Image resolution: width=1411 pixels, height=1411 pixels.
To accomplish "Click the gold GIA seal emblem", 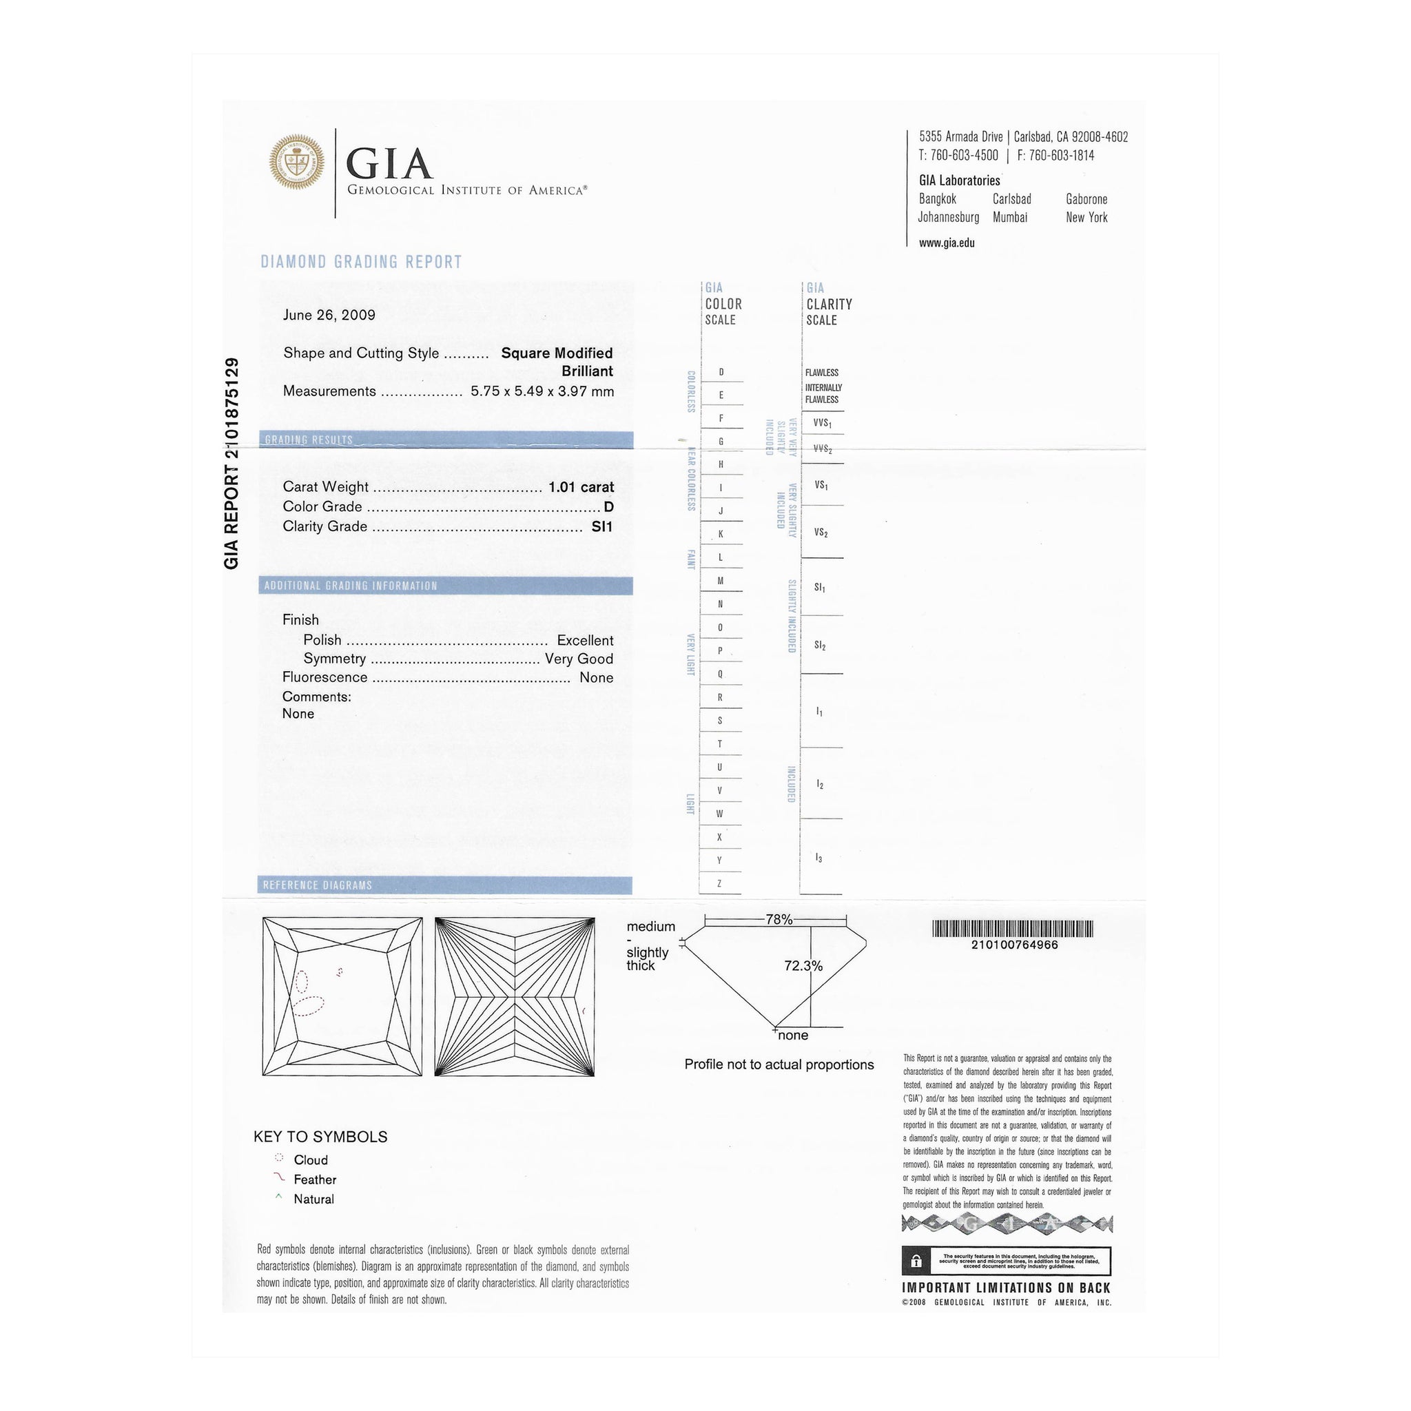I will tap(296, 162).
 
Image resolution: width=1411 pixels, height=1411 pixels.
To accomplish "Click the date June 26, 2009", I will tap(329, 315).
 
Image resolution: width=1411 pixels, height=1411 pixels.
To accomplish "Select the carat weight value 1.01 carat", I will tap(581, 487).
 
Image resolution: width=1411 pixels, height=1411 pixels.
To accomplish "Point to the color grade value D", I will tap(608, 507).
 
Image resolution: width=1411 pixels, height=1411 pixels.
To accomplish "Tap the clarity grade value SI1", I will tap(601, 526).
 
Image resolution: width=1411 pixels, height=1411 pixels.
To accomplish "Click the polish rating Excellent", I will tap(584, 641).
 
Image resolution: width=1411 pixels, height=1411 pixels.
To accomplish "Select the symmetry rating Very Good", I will tap(579, 659).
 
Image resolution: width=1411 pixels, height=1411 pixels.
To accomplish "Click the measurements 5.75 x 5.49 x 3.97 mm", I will tap(542, 391).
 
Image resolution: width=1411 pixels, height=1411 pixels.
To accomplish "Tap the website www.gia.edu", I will tap(947, 243).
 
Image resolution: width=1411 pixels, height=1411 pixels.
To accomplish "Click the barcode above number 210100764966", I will tap(1013, 929).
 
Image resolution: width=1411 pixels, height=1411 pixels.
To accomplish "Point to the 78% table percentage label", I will tap(779, 920).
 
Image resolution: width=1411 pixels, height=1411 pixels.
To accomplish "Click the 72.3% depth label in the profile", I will tap(803, 966).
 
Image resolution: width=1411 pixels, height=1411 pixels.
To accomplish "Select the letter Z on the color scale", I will tap(719, 884).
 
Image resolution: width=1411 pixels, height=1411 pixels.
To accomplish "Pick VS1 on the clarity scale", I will tap(821, 486).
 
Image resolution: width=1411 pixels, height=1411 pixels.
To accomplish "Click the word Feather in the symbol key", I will tap(315, 1180).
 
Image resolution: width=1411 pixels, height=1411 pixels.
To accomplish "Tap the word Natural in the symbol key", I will tap(313, 1199).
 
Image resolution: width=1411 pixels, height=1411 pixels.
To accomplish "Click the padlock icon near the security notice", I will tap(916, 1261).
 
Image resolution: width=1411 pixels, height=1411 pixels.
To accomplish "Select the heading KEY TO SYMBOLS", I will tap(320, 1137).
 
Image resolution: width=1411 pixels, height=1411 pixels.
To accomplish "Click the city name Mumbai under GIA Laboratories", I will tap(1009, 218).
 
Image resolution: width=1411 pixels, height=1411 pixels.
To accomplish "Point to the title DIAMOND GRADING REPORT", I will tap(362, 262).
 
